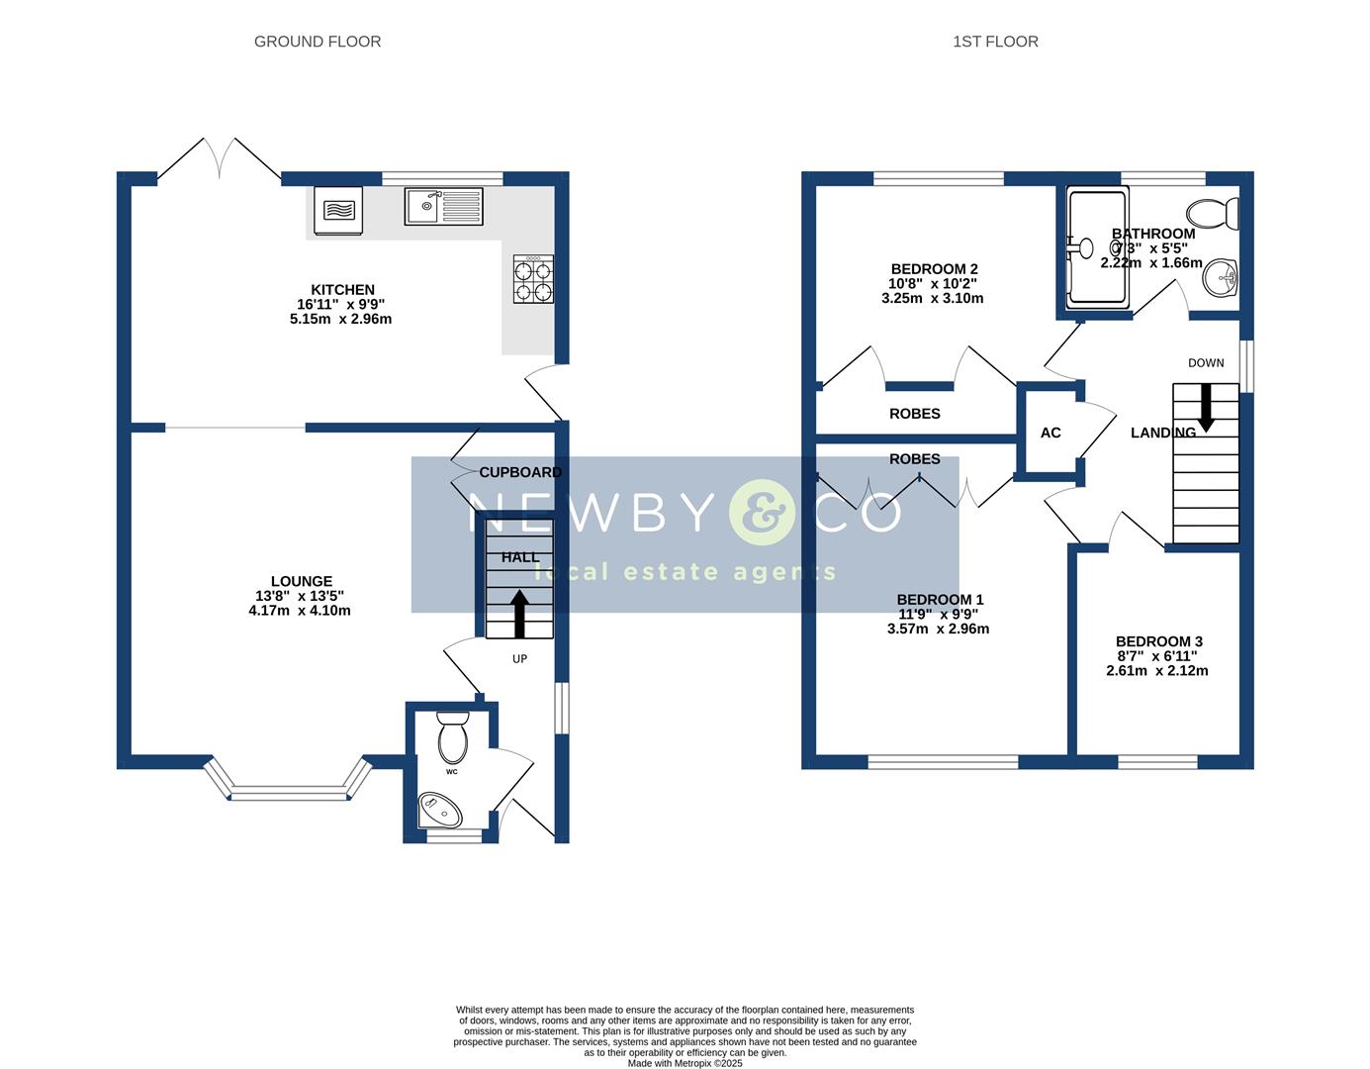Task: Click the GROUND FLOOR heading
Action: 317,42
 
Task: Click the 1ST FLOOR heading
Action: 995,42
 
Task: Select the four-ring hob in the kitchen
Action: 534,279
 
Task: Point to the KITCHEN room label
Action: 342,290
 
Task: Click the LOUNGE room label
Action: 302,581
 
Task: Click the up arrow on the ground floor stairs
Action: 518,615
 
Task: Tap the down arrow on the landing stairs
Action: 1206,409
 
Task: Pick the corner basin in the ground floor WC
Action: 440,810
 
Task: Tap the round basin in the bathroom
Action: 1221,278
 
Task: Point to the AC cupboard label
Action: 1050,433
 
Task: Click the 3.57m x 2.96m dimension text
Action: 938,629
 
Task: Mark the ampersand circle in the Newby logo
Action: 761,512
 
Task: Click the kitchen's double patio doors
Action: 220,160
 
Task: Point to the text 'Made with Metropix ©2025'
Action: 685,1063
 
